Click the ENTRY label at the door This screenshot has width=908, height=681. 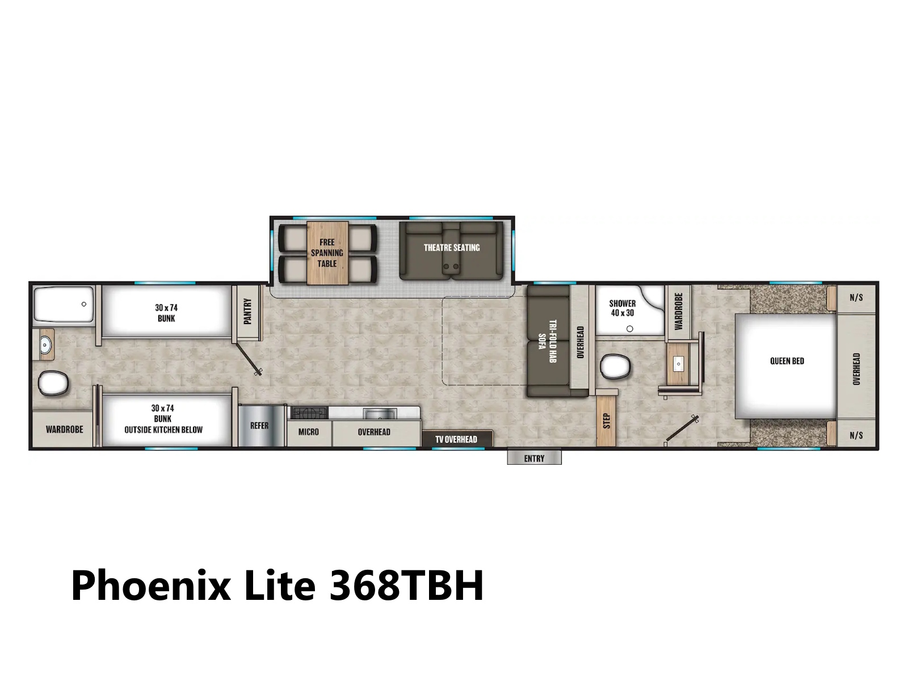(533, 459)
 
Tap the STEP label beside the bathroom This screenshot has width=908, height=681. (607, 421)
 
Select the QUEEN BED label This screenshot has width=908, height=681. (787, 361)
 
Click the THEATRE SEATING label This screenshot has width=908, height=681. (451, 247)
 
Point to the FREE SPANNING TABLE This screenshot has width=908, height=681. (327, 253)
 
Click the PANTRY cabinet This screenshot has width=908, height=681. (247, 313)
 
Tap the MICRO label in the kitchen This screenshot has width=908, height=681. (309, 432)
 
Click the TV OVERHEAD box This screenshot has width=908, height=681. (457, 439)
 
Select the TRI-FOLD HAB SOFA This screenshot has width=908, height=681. (548, 341)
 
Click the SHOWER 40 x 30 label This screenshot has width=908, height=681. (622, 308)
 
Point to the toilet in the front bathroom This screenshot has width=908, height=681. (615, 366)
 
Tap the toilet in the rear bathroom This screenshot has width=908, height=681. (53, 383)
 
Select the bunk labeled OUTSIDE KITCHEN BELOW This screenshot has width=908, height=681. (163, 420)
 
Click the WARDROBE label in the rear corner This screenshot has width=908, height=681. (65, 430)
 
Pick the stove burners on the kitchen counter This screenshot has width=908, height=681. (309, 413)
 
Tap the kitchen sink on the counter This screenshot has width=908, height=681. (380, 413)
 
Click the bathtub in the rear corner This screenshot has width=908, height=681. (64, 304)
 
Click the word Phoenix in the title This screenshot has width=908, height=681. (150, 586)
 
